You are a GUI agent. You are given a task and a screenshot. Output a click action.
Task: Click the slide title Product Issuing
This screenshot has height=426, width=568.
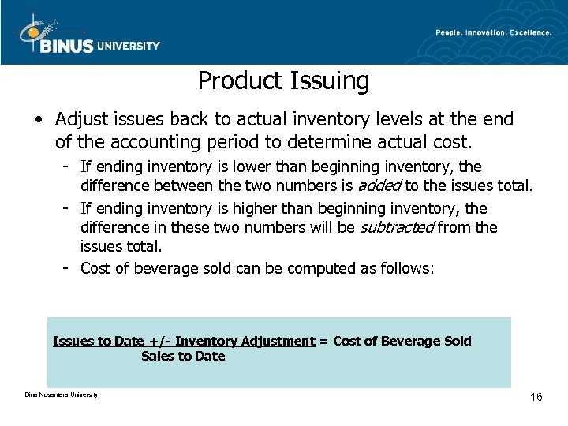click(x=283, y=80)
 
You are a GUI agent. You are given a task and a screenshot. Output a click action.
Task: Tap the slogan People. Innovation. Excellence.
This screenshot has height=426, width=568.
click(x=493, y=32)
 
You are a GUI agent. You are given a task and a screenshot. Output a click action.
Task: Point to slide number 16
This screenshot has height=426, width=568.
click(x=536, y=397)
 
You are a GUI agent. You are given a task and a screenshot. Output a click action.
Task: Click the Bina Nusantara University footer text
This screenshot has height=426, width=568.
click(x=62, y=394)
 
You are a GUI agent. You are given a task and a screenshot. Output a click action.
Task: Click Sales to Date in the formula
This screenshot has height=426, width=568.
click(x=183, y=357)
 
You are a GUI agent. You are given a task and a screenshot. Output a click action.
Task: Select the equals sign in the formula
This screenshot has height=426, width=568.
click(x=323, y=342)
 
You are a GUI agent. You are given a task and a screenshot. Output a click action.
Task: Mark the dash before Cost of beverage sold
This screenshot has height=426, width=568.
click(x=69, y=268)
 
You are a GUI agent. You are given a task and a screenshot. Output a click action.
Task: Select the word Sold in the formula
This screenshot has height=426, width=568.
click(x=458, y=342)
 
